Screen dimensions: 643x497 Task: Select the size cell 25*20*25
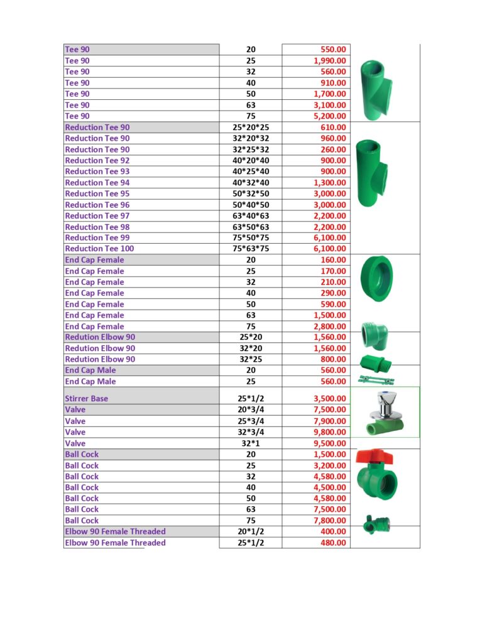(x=250, y=127)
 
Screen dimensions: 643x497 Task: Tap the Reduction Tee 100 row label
(x=99, y=249)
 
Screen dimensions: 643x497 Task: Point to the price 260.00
(x=332, y=149)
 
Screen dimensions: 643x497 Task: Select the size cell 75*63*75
(x=250, y=249)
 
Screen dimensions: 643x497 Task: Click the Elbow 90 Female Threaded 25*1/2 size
(x=250, y=543)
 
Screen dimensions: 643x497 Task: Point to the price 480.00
(x=332, y=543)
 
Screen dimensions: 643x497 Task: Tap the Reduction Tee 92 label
(x=97, y=161)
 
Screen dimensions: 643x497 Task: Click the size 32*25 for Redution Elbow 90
(x=250, y=359)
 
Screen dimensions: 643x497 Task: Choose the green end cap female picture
(x=377, y=278)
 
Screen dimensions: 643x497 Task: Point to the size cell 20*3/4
(x=250, y=410)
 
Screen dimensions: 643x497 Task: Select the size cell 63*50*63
(x=250, y=227)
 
